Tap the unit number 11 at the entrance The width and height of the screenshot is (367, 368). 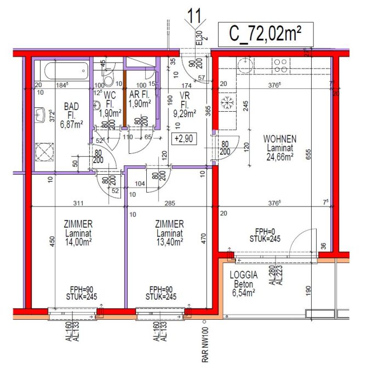(194, 16)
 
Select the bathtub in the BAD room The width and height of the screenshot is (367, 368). (64, 71)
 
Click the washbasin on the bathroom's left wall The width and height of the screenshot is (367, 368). (40, 115)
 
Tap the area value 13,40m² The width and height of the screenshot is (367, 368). (169, 240)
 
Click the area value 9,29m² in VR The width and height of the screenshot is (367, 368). (185, 114)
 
